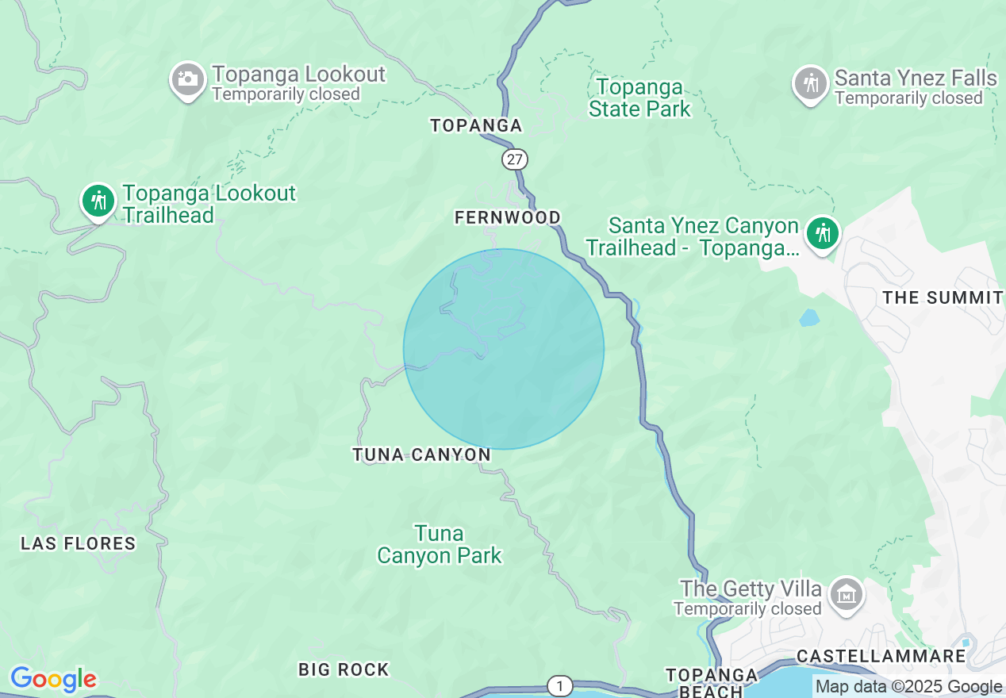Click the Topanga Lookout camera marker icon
[188, 79]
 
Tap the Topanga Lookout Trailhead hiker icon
[98, 201]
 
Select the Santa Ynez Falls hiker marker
[811, 82]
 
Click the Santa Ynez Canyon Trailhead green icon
[824, 234]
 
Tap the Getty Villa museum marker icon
[846, 594]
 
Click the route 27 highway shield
[515, 159]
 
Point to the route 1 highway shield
[560, 686]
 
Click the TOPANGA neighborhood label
[476, 125]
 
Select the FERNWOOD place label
[508, 217]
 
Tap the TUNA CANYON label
[422, 454]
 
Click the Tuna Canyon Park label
[440, 544]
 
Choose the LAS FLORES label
[79, 543]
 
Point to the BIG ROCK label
[344, 669]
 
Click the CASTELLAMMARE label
[881, 656]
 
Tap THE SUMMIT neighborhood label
[943, 297]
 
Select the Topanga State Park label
[639, 98]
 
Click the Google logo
[53, 680]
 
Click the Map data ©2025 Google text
[908, 687]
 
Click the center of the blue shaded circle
[504, 349]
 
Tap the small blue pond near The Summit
[808, 318]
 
